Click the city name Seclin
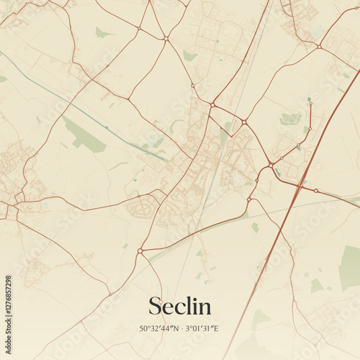(x=180, y=306)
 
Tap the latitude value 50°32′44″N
(x=159, y=329)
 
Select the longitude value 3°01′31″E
(x=203, y=329)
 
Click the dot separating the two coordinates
(x=181, y=329)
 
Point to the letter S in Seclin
(x=156, y=306)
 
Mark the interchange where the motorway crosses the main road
(x=300, y=186)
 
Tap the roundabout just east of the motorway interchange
(x=316, y=191)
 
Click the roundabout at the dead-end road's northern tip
(x=310, y=104)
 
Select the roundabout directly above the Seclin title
(x=140, y=251)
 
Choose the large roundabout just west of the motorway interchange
(x=270, y=166)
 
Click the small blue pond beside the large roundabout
(x=277, y=172)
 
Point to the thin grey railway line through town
(x=209, y=180)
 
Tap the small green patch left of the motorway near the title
(x=255, y=228)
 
